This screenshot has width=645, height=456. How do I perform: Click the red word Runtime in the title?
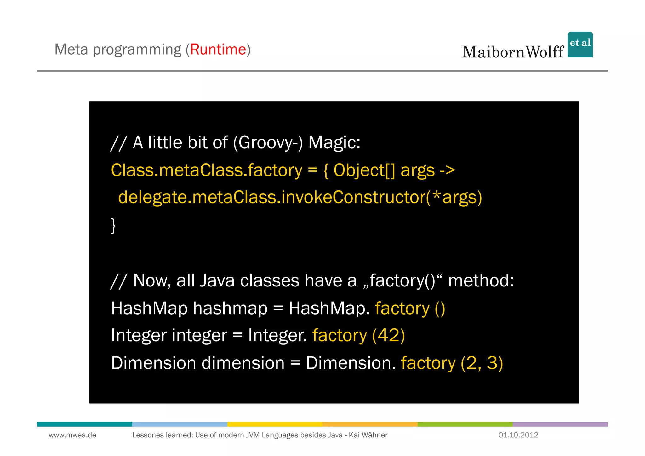218,49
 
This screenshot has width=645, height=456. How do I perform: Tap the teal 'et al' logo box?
580,44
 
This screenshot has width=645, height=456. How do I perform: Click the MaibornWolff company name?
513,52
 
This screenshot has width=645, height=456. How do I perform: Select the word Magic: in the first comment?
334,142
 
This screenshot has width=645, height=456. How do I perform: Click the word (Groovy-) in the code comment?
268,142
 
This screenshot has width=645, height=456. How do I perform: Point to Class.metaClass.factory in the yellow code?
207,170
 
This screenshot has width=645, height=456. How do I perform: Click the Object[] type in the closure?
364,170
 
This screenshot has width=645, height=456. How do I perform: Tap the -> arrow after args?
447,170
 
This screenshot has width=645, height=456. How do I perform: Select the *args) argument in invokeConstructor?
457,198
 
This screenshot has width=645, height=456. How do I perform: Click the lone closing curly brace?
113,225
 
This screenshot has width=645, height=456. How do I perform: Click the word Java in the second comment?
217,280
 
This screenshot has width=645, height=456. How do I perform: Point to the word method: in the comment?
481,280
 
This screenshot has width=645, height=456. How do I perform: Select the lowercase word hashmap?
230,308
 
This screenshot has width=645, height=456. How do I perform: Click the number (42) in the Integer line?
388,335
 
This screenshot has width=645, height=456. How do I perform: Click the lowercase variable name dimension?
243,363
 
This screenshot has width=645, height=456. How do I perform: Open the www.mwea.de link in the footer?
72,435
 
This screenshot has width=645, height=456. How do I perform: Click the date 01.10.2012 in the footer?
518,435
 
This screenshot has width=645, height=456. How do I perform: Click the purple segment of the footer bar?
560,424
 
